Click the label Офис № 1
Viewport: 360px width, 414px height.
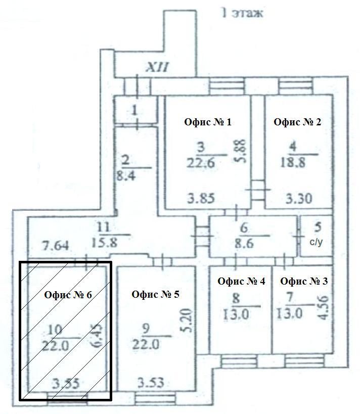tap(208, 122)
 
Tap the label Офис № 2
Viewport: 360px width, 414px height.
tap(297, 122)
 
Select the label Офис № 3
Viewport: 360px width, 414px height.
tap(304, 282)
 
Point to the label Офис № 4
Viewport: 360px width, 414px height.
tap(241, 282)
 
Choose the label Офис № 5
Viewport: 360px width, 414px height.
tap(155, 294)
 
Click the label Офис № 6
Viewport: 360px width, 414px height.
tap(68, 295)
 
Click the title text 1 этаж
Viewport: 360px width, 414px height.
tap(242, 13)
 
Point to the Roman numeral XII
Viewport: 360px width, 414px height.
tap(157, 67)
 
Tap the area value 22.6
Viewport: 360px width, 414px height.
tap(201, 163)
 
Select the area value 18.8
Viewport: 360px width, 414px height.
tap(293, 163)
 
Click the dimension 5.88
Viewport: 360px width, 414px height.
tap(240, 151)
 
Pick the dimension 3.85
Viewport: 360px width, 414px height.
tap(201, 199)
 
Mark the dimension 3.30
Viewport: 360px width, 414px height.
tap(299, 199)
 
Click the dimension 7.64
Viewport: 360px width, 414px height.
tap(56, 246)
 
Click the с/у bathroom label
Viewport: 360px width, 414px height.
tap(316, 242)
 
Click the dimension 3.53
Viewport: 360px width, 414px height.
tap(151, 383)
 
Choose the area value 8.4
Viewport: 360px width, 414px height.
tap(126, 175)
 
